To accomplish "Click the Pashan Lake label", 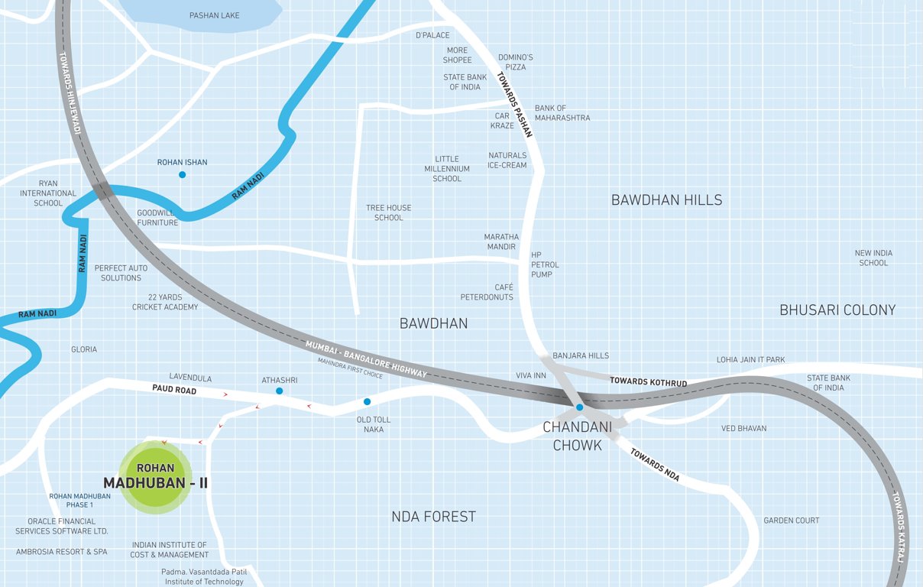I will (214, 15).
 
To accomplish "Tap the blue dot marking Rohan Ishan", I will (182, 175).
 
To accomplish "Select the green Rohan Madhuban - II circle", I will (155, 476).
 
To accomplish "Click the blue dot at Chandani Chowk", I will (580, 407).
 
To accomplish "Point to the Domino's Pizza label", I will (516, 62).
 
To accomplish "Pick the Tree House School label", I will (388, 212).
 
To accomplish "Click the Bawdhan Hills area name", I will (666, 200).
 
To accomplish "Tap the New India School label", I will (873, 258).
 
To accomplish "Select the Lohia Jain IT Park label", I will (750, 360).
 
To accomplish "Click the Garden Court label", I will (791, 521).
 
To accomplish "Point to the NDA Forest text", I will (433, 517).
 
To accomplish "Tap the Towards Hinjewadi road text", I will (70, 92).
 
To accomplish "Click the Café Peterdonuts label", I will (487, 292).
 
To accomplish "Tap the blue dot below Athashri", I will (279, 391).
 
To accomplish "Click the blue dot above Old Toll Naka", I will (367, 402).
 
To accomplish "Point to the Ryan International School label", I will (48, 193).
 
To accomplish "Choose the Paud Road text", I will (174, 391).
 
